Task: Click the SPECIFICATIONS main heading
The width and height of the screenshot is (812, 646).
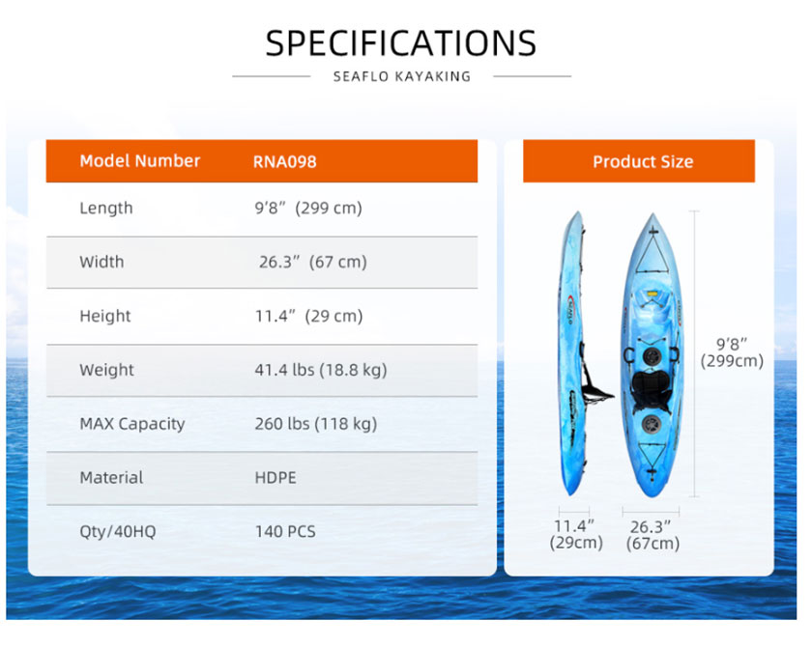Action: tap(401, 42)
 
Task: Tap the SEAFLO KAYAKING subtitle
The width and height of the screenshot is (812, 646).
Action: tap(402, 76)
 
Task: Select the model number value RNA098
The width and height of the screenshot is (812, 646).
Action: tap(285, 162)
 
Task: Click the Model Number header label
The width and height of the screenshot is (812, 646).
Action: tap(140, 161)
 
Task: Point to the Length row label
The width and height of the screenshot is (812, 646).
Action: tap(106, 208)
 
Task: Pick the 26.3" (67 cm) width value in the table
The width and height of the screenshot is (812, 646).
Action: tap(313, 262)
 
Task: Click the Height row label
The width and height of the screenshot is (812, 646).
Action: tap(105, 316)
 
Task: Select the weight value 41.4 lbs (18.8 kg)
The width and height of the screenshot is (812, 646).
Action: tap(321, 370)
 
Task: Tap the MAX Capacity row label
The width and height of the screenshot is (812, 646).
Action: tap(132, 424)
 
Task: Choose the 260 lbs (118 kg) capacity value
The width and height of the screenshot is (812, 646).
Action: tap(316, 424)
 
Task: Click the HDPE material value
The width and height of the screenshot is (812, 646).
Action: tap(275, 477)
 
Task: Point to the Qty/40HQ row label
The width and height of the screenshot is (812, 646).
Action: tap(118, 531)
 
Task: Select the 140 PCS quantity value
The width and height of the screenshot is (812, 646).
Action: tap(285, 531)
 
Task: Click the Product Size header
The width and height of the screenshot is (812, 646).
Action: tap(643, 162)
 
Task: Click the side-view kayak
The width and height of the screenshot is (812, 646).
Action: tap(576, 352)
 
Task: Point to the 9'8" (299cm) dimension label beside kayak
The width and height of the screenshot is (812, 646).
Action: tap(732, 352)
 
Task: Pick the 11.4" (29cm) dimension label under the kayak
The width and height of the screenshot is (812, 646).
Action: tap(576, 534)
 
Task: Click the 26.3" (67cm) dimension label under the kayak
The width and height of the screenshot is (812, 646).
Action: tap(652, 535)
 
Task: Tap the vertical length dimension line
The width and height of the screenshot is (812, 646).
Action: tap(695, 353)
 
